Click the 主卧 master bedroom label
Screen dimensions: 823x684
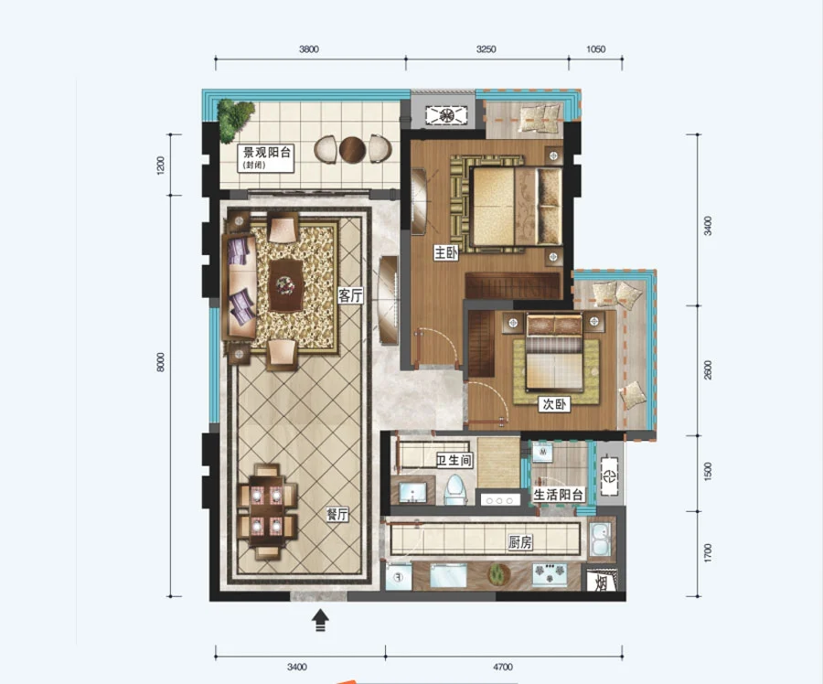445,253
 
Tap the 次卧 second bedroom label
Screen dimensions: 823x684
555,404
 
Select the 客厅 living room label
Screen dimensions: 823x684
350,295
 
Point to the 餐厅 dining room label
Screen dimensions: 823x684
337,514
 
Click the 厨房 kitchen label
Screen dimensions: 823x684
520,542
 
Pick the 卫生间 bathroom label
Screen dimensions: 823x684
454,460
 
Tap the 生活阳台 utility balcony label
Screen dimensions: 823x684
558,495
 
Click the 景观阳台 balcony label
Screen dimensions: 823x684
267,153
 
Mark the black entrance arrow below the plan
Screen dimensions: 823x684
320,621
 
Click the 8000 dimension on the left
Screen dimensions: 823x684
161,362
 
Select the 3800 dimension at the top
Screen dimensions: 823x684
309,49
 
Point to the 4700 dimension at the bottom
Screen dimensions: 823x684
502,667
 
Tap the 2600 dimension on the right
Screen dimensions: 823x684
708,370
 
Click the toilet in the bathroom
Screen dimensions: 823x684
455,490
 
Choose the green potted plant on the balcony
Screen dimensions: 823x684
235,120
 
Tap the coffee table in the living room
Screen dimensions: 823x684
285,285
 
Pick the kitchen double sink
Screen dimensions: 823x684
600,540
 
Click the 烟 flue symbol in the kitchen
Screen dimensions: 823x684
602,582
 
